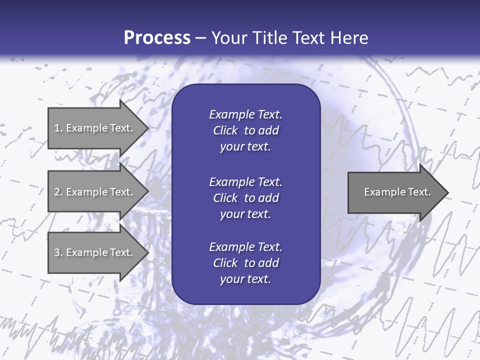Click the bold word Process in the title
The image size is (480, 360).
coord(157,38)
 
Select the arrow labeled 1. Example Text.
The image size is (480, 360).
coord(95,128)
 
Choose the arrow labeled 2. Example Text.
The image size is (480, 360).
coord(95,192)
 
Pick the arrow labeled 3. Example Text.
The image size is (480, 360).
coord(95,252)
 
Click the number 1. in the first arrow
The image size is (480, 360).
coord(58,128)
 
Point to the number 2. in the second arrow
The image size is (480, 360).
coord(58,192)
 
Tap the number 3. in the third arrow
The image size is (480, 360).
coord(58,252)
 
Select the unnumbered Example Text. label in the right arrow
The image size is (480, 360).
coord(397,192)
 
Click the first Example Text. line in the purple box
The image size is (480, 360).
coord(245,114)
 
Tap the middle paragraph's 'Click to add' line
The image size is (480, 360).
coord(245,198)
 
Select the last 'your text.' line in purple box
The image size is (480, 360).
coord(245,279)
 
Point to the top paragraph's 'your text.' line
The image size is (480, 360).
coord(245,147)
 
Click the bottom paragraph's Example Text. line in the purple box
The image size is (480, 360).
coord(245,247)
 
